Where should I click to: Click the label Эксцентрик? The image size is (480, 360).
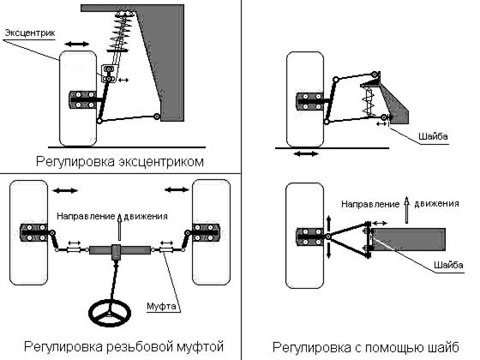[x=30, y=33]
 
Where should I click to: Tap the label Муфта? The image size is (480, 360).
[x=161, y=306]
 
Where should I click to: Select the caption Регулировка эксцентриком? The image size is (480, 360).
[x=120, y=161]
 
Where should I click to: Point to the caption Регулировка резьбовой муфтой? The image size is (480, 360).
[x=123, y=347]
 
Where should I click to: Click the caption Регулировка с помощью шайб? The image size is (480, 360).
[x=366, y=347]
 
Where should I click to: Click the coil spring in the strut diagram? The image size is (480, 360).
[x=122, y=31]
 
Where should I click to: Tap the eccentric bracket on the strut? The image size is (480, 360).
[x=109, y=74]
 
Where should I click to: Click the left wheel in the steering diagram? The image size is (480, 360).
[x=29, y=232]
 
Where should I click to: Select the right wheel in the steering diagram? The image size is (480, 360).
[x=211, y=232]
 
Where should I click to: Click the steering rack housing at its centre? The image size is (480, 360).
[x=120, y=250]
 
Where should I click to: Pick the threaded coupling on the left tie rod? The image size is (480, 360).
[x=74, y=250]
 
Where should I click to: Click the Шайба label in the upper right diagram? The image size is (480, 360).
[x=433, y=136]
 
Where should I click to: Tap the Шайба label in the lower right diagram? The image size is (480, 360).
[x=448, y=265]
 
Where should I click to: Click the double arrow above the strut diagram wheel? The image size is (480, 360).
[x=77, y=45]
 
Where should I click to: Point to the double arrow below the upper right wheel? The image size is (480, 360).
[x=306, y=153]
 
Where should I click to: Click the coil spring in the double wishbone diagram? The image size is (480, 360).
[x=369, y=102]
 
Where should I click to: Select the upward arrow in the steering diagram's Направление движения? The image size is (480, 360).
[x=120, y=227]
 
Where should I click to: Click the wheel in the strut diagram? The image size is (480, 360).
[x=78, y=99]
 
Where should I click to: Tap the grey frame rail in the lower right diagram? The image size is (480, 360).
[x=409, y=239]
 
